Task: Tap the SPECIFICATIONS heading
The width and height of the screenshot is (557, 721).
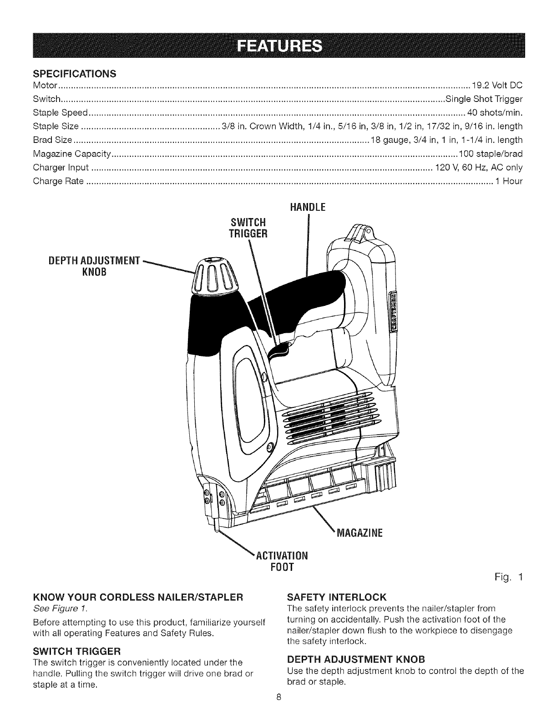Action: (x=75, y=74)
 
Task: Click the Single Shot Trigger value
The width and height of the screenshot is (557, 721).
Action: (x=484, y=99)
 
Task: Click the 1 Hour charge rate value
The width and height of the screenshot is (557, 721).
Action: (x=509, y=181)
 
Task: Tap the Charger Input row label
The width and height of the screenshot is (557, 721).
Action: (x=61, y=168)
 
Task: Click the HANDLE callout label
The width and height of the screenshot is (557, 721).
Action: (x=308, y=208)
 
